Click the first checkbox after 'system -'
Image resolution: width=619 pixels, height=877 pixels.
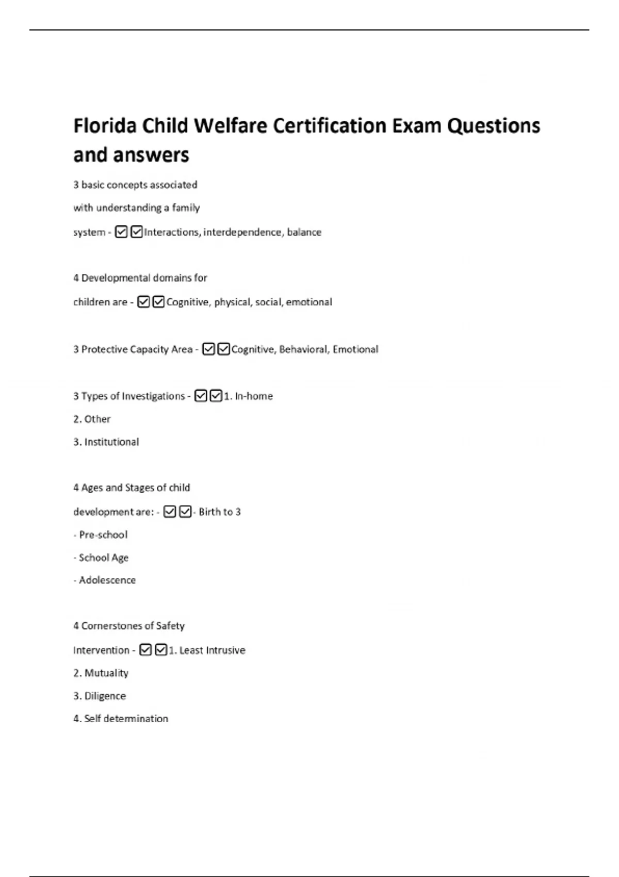pos(121,232)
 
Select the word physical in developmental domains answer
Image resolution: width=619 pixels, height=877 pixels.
pos(232,302)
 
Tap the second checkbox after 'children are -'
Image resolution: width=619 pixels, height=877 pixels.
pos(159,302)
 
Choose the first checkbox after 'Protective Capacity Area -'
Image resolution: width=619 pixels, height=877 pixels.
pos(208,349)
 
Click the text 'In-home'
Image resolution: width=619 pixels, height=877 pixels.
pos(254,396)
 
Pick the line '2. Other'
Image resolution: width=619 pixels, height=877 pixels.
pos(92,419)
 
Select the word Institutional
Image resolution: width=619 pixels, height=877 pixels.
pos(111,442)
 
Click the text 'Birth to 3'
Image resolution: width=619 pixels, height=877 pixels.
pos(220,512)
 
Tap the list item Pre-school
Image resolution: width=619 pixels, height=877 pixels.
pos(103,535)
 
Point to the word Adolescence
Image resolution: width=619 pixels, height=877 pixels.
pos(107,580)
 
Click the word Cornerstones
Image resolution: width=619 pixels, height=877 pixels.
pos(117,626)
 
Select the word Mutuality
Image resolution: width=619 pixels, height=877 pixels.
pos(106,673)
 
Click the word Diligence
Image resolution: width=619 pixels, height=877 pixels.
pos(105,696)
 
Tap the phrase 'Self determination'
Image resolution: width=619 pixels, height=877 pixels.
pos(126,719)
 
